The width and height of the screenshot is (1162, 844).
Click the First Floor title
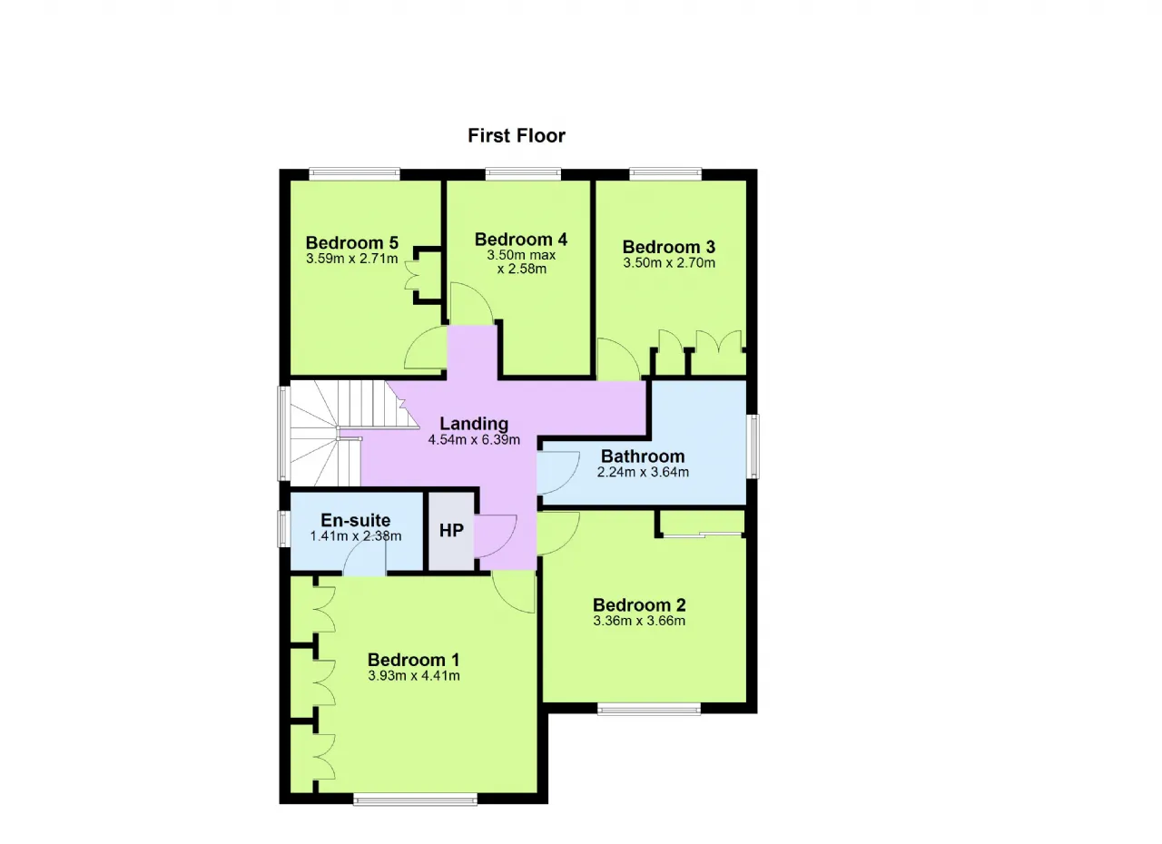click(517, 136)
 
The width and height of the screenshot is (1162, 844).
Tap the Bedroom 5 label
click(351, 242)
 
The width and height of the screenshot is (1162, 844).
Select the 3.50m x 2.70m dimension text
click(669, 263)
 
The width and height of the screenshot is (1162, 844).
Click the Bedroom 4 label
click(521, 239)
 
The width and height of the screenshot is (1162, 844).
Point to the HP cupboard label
click(451, 530)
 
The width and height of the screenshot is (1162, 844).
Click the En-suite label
click(355, 519)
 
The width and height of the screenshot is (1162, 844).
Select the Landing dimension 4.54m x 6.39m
click(474, 439)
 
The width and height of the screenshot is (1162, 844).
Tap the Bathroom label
click(643, 456)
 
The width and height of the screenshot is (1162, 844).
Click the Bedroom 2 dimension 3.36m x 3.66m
click(639, 621)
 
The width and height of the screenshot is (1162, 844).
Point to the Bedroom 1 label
click(413, 660)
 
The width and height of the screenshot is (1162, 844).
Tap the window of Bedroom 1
click(415, 801)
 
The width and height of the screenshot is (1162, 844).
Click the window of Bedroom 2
click(649, 709)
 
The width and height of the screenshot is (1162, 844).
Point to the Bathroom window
click(753, 446)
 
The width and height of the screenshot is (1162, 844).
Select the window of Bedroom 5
click(355, 173)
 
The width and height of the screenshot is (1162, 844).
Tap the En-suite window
click(284, 529)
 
